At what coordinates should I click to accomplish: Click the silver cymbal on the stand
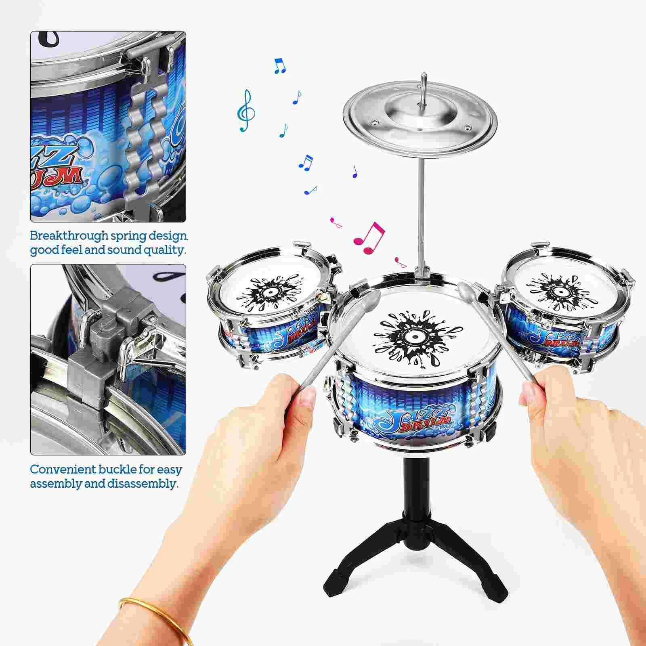420,117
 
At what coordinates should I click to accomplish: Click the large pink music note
369,238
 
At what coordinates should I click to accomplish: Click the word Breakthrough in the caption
70,236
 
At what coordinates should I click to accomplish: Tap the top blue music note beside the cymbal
279,65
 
